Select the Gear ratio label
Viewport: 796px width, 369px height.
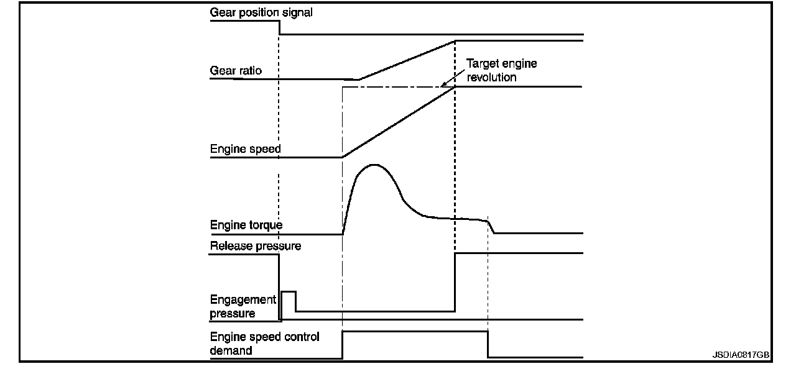(236, 71)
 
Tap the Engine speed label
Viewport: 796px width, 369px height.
(245, 149)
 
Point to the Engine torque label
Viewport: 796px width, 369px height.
(246, 225)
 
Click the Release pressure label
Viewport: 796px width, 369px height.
(256, 246)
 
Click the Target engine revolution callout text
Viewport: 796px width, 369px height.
(501, 70)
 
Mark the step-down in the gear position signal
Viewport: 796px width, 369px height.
(279, 28)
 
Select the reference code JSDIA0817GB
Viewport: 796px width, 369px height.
(741, 355)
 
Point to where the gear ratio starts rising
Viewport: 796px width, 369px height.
(359, 80)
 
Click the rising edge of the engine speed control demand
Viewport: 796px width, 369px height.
(343, 345)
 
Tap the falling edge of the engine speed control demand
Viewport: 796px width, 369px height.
(488, 345)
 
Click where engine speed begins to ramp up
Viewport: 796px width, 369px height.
(343, 157)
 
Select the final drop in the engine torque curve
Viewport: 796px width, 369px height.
(492, 227)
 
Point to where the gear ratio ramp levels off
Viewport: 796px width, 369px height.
(455, 41)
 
